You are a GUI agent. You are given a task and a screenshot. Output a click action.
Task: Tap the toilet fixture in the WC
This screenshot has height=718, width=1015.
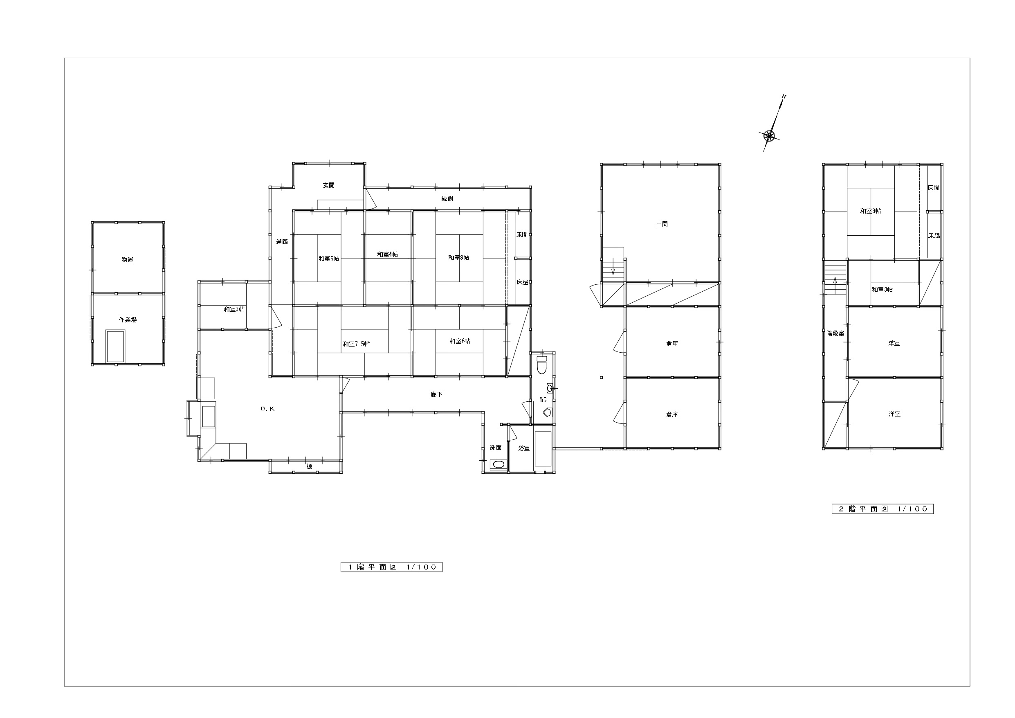pos(541,364)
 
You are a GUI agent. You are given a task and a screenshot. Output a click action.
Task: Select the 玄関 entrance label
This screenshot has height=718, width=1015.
pos(328,185)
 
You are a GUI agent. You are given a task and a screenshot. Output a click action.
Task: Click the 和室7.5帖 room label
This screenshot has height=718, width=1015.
pos(356,344)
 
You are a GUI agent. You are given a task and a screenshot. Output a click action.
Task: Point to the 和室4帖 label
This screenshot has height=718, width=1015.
pos(387,254)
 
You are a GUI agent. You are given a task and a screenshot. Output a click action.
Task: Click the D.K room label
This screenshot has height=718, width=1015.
pos(267,409)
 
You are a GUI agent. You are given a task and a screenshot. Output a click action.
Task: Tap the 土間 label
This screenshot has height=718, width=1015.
pos(662,224)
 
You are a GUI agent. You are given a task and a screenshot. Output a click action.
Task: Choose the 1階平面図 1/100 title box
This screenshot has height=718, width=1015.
pos(391,567)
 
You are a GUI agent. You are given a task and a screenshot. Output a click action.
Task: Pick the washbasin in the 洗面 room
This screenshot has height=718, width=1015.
pos(498,464)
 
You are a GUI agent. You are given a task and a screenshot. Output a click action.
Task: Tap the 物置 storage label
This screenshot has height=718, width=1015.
pos(127,260)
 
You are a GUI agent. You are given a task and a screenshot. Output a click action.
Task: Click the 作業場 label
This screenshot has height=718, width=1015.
pos(127,320)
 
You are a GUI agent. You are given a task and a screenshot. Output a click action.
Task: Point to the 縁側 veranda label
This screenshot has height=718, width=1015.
pos(447,199)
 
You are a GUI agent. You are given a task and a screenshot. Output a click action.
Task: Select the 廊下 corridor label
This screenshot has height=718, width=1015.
pos(436,394)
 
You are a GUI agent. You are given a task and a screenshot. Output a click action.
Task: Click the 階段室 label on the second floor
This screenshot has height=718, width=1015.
pos(835,333)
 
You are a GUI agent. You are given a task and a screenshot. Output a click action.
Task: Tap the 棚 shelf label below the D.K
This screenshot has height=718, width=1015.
pos(310,466)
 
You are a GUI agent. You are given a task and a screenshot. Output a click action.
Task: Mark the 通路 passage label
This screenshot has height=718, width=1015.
pos(282,241)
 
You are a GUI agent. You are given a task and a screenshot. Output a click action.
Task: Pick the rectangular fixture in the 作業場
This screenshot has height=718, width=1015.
pos(115,346)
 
